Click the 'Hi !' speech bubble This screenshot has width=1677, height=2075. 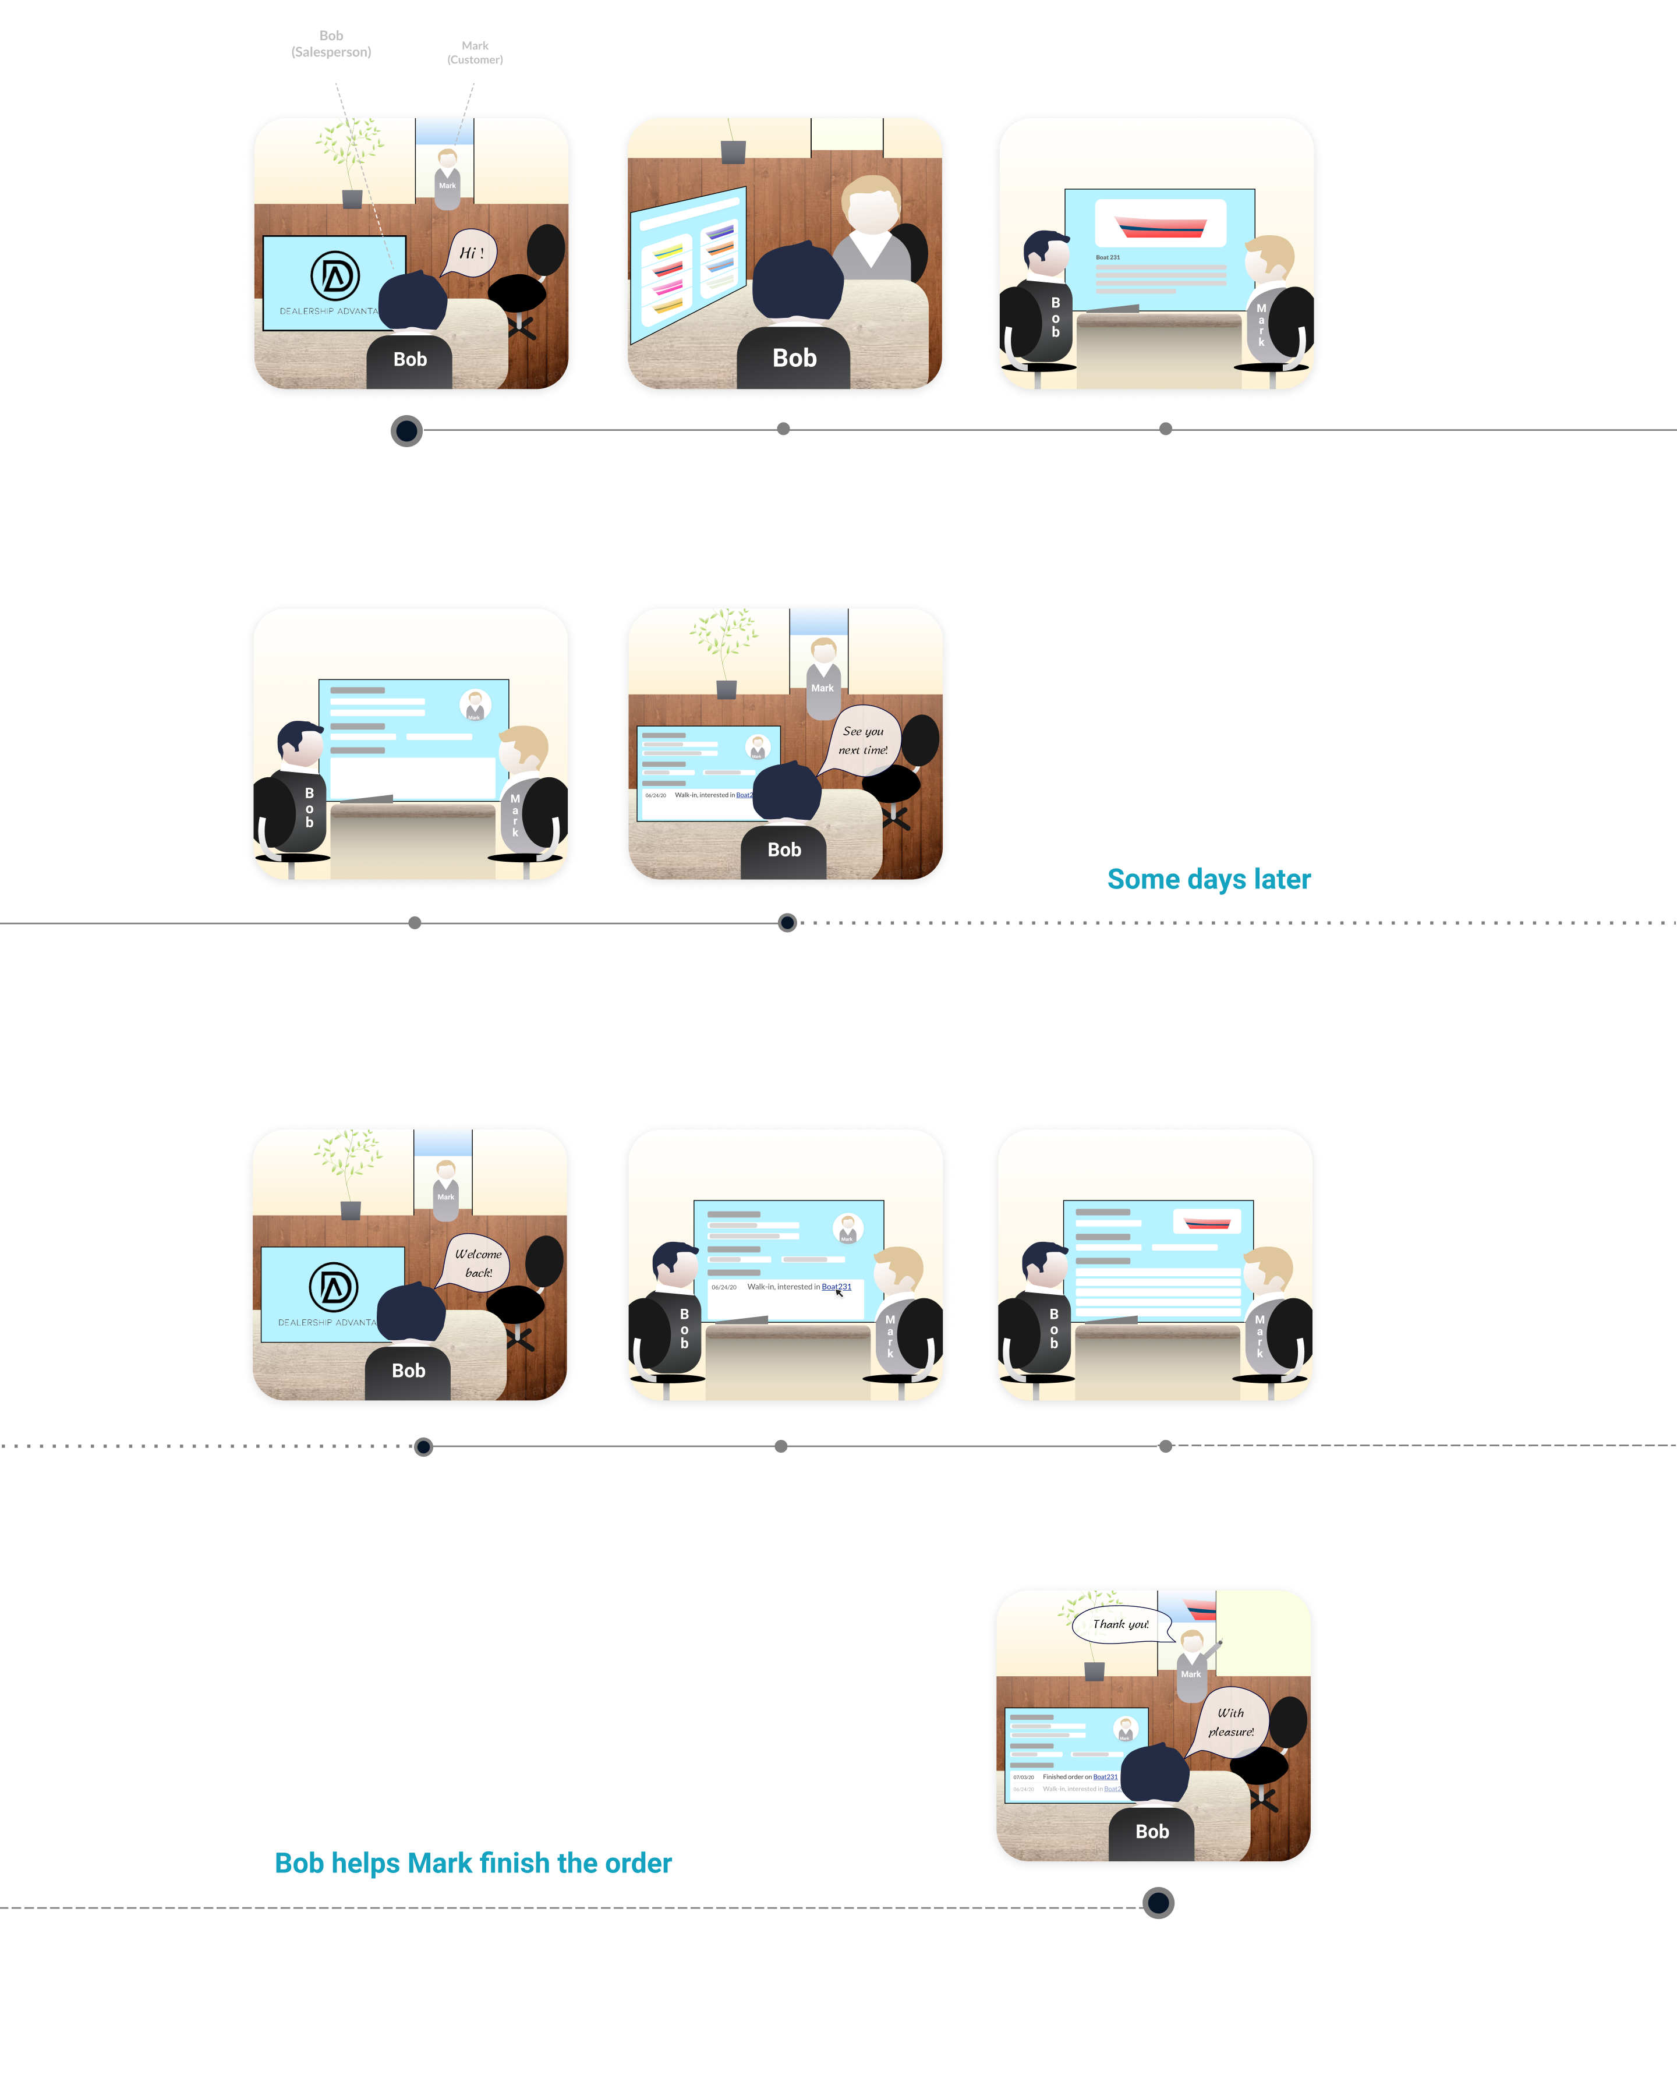[x=472, y=253]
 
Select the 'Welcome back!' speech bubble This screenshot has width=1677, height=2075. [x=478, y=1263]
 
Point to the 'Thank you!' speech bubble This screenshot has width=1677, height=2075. [x=1120, y=1625]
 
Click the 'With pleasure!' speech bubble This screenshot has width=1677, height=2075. [x=1231, y=1722]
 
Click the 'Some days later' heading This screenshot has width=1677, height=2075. [x=1208, y=879]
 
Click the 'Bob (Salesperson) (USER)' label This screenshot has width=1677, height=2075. [x=331, y=52]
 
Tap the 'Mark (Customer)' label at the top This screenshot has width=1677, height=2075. [x=475, y=53]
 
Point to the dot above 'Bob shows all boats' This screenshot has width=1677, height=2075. [x=783, y=429]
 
